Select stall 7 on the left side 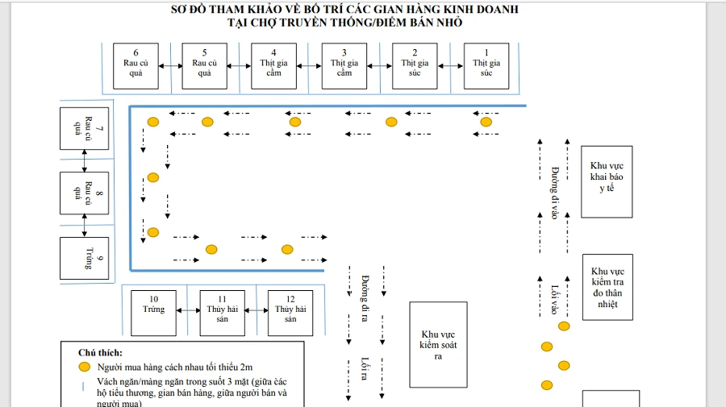pos(84,128)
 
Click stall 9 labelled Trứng pos(84,258)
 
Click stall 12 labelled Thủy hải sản pos(290,313)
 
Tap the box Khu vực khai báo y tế pos(607,181)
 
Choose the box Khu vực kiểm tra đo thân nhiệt pos(607,287)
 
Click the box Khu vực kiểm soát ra pos(438,345)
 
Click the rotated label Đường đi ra pos(365,299)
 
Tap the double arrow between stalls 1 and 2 pos(450,65)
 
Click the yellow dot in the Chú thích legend pos(83,366)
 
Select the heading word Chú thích pos(100,352)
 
